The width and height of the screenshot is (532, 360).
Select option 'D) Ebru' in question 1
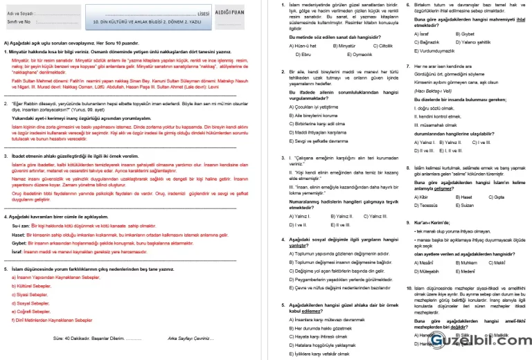pos(303,53)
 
